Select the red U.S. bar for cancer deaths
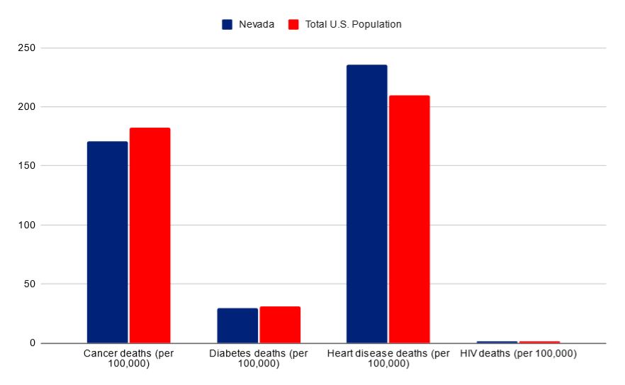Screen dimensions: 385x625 pos(150,235)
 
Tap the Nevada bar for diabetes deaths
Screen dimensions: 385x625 pos(237,325)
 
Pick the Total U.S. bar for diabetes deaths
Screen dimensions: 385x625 pos(280,325)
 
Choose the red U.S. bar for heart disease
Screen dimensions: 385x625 pos(409,219)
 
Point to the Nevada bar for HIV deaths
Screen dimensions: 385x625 pos(496,342)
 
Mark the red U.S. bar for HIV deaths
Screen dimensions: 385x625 pos(539,342)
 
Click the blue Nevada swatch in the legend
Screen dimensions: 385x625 pos(227,25)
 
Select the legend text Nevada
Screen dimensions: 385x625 pos(256,25)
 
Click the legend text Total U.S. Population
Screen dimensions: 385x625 pos(354,25)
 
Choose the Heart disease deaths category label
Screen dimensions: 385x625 pos(388,358)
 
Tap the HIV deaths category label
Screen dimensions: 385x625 pos(518,353)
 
